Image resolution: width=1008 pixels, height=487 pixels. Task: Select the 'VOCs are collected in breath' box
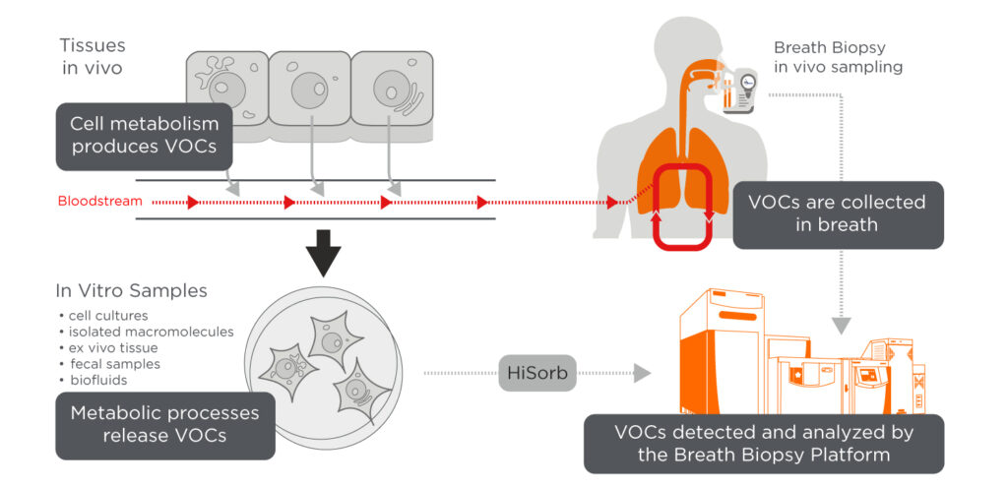pyautogui.click(x=837, y=213)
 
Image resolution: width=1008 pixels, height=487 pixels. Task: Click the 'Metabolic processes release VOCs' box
pyautogui.click(x=164, y=425)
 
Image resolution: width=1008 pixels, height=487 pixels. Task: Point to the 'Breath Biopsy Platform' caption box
pyautogui.click(x=763, y=443)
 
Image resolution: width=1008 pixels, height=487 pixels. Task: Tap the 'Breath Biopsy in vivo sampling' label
pyautogui.click(x=838, y=57)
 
